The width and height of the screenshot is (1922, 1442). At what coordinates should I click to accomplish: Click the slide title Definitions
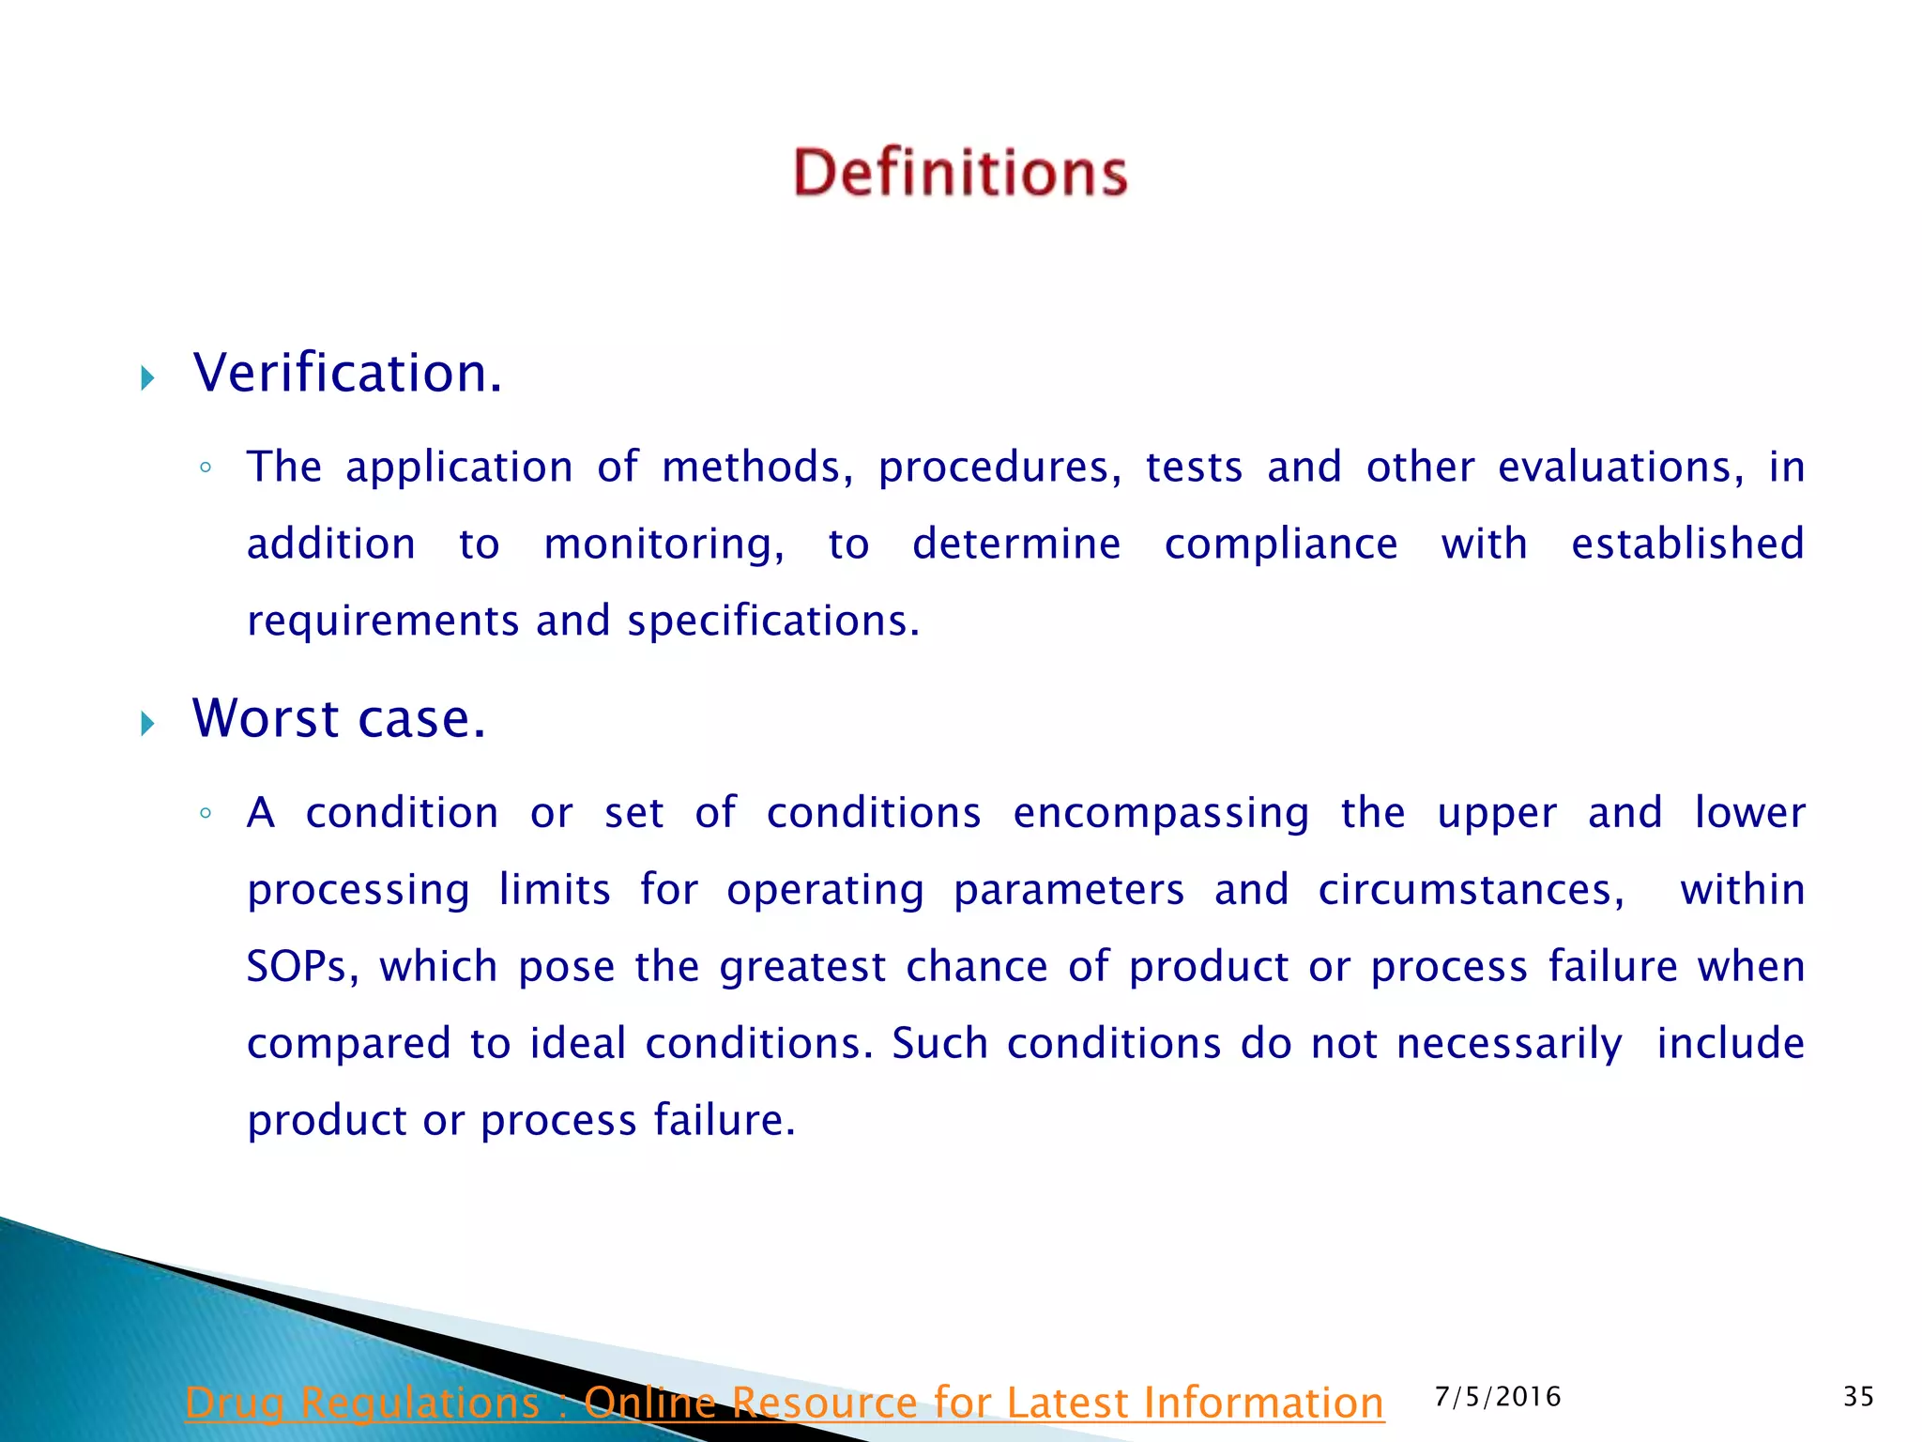pyautogui.click(x=960, y=173)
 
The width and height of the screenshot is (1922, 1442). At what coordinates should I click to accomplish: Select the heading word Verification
pyautogui.click(x=347, y=373)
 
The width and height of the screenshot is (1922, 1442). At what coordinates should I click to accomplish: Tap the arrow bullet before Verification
pyautogui.click(x=147, y=378)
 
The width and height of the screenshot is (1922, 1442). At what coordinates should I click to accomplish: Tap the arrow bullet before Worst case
pyautogui.click(x=147, y=723)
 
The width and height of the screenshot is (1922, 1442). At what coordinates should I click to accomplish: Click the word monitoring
pyautogui.click(x=664, y=545)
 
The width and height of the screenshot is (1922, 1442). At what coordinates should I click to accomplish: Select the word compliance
pyautogui.click(x=1281, y=544)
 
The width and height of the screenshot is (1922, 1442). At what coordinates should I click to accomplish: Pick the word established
pyautogui.click(x=1687, y=544)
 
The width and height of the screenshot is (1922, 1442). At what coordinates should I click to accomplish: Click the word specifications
pyautogui.click(x=773, y=621)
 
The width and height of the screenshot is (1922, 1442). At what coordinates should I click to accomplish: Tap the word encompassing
pyautogui.click(x=1161, y=813)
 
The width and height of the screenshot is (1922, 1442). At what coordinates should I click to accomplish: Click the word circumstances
pyautogui.click(x=1471, y=890)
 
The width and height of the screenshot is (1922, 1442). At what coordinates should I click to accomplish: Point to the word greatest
pyautogui.click(x=802, y=967)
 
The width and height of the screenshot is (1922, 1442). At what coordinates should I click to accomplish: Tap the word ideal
pyautogui.click(x=577, y=1043)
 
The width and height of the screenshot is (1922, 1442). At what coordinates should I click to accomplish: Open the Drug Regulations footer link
pyautogui.click(x=785, y=1403)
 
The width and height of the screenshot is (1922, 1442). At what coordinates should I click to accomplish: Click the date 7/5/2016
pyautogui.click(x=1498, y=1397)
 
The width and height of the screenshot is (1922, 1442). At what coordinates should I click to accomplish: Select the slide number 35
pyautogui.click(x=1858, y=1397)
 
